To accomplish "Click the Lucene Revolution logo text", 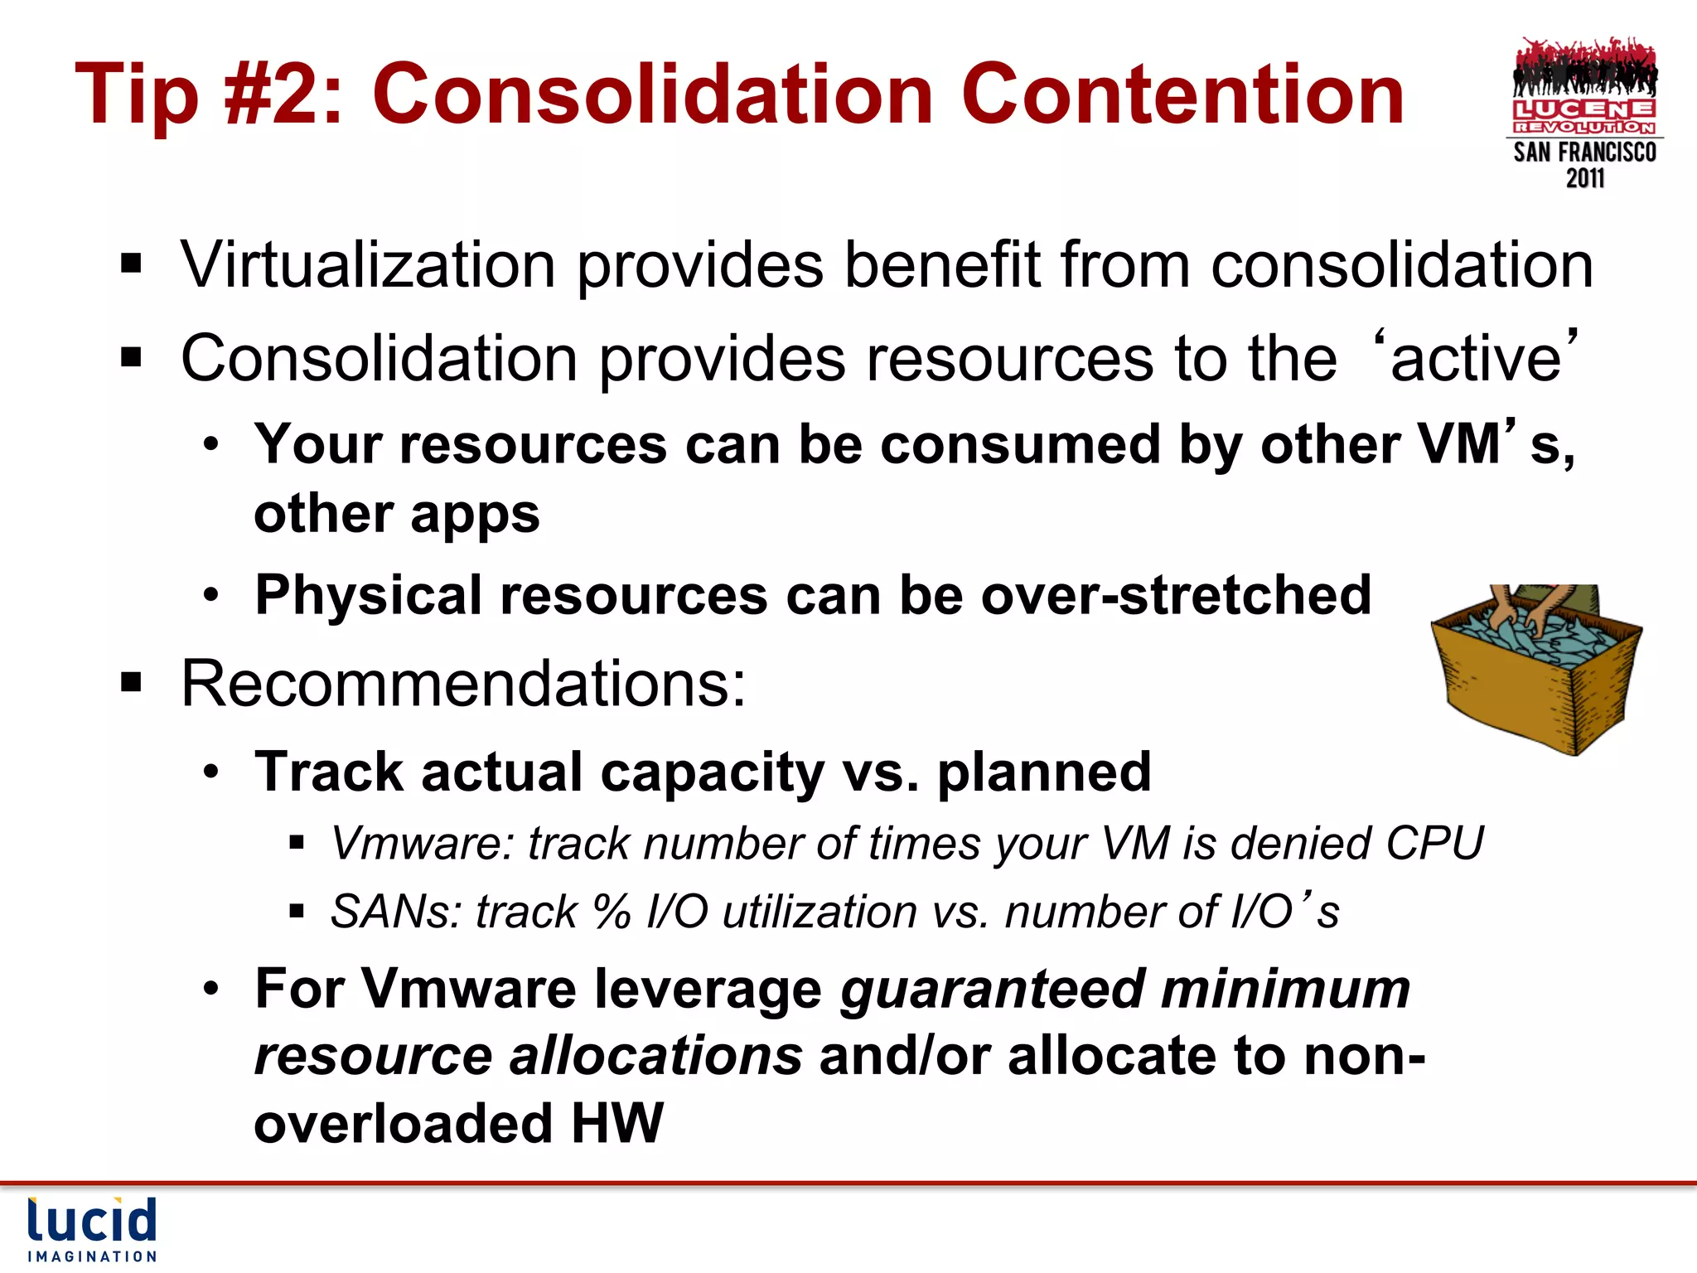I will (x=1584, y=116).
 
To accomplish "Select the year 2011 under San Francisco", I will (x=1584, y=178).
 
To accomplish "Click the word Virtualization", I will (x=368, y=265).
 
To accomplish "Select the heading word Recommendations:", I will (x=463, y=684).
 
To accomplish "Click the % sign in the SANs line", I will (x=612, y=912).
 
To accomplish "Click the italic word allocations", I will (x=655, y=1057).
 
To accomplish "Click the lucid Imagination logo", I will (x=91, y=1228).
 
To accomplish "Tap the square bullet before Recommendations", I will (x=131, y=684).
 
